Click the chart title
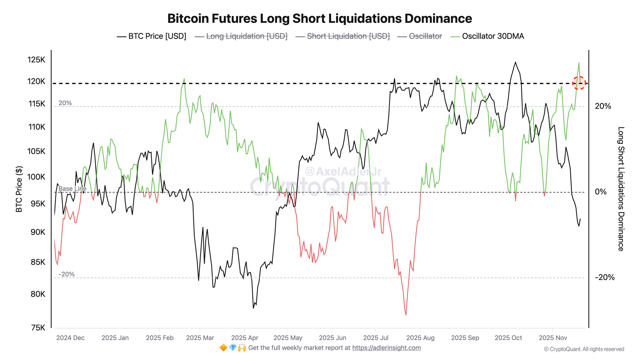[x=319, y=19]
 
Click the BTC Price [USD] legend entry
[x=152, y=36]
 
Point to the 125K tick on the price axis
[x=36, y=60]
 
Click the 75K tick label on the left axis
[x=38, y=327]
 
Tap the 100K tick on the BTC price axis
[x=36, y=177]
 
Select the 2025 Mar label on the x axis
[x=200, y=338]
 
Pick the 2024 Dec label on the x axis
[x=70, y=338]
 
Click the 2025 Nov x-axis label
[x=553, y=338]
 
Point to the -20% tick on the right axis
[x=604, y=277]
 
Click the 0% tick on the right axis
[x=601, y=192]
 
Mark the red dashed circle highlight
[x=579, y=83]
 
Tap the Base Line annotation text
[x=72, y=189]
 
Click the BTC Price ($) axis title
[x=19, y=189]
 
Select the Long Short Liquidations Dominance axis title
[x=620, y=189]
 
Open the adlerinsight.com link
[x=386, y=348]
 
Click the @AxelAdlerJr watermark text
[x=343, y=172]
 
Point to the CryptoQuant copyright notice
[x=584, y=349]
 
